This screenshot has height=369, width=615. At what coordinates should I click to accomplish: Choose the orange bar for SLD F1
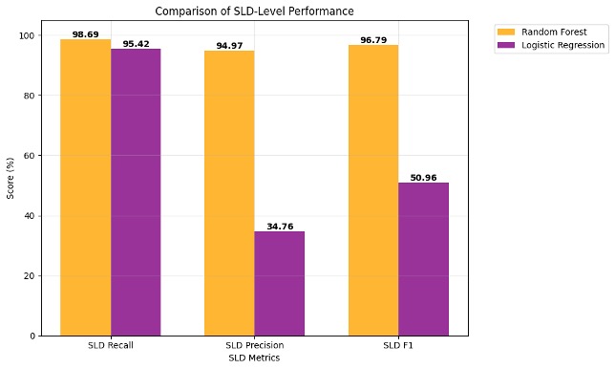click(x=373, y=190)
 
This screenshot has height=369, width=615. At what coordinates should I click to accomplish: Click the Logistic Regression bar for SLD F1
click(x=423, y=259)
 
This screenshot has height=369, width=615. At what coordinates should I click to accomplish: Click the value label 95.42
click(x=136, y=44)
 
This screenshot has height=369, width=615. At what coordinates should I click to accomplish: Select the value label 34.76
click(x=279, y=227)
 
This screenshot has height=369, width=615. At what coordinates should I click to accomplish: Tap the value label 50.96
click(x=423, y=178)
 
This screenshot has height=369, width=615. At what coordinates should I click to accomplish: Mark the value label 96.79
click(x=373, y=40)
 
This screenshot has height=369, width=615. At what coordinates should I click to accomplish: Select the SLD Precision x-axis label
click(x=254, y=345)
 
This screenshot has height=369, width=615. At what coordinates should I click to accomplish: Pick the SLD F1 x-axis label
click(x=398, y=345)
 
